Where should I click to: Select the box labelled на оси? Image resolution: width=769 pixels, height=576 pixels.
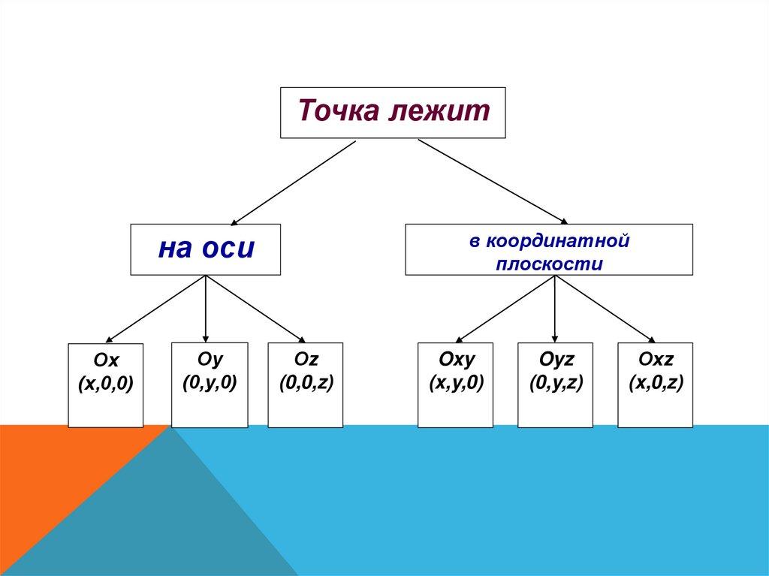206,249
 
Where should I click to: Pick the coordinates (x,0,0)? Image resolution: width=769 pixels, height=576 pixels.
105,385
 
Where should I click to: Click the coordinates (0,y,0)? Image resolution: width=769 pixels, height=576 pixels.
210,382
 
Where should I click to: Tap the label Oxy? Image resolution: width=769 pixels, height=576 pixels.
456,361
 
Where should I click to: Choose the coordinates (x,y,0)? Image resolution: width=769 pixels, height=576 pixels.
456,383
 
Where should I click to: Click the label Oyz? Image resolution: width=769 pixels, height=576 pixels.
556,361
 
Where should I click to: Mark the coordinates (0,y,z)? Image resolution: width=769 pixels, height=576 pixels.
556,383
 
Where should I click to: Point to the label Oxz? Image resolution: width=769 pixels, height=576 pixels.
656,361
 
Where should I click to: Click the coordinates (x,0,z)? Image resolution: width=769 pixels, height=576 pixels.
656,383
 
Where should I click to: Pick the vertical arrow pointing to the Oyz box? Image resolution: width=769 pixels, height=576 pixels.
555,308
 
